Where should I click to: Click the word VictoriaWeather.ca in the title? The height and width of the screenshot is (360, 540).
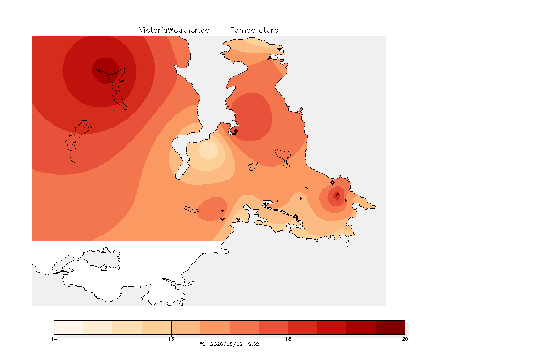174,30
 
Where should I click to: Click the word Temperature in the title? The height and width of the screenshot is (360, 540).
254,30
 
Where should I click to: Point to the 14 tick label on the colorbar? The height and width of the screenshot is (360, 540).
54,339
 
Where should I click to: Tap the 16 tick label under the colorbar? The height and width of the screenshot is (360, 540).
171,339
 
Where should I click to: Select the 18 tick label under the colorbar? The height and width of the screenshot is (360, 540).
288,339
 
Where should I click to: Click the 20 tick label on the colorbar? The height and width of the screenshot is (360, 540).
405,339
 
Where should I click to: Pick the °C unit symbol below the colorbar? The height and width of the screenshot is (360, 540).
202,344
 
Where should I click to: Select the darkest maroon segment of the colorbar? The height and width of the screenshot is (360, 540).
390,327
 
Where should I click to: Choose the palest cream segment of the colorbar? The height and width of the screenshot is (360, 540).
69,327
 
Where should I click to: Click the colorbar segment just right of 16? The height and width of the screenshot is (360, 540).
186,327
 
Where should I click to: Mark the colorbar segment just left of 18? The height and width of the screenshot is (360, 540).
273,327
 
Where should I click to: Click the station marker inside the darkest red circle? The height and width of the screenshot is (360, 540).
108,69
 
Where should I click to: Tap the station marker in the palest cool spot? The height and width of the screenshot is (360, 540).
212,149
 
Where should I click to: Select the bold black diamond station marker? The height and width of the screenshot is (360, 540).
332,183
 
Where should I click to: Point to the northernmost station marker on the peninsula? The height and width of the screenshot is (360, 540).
270,59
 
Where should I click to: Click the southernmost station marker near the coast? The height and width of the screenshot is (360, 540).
341,231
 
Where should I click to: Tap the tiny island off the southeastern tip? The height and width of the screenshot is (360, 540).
347,243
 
